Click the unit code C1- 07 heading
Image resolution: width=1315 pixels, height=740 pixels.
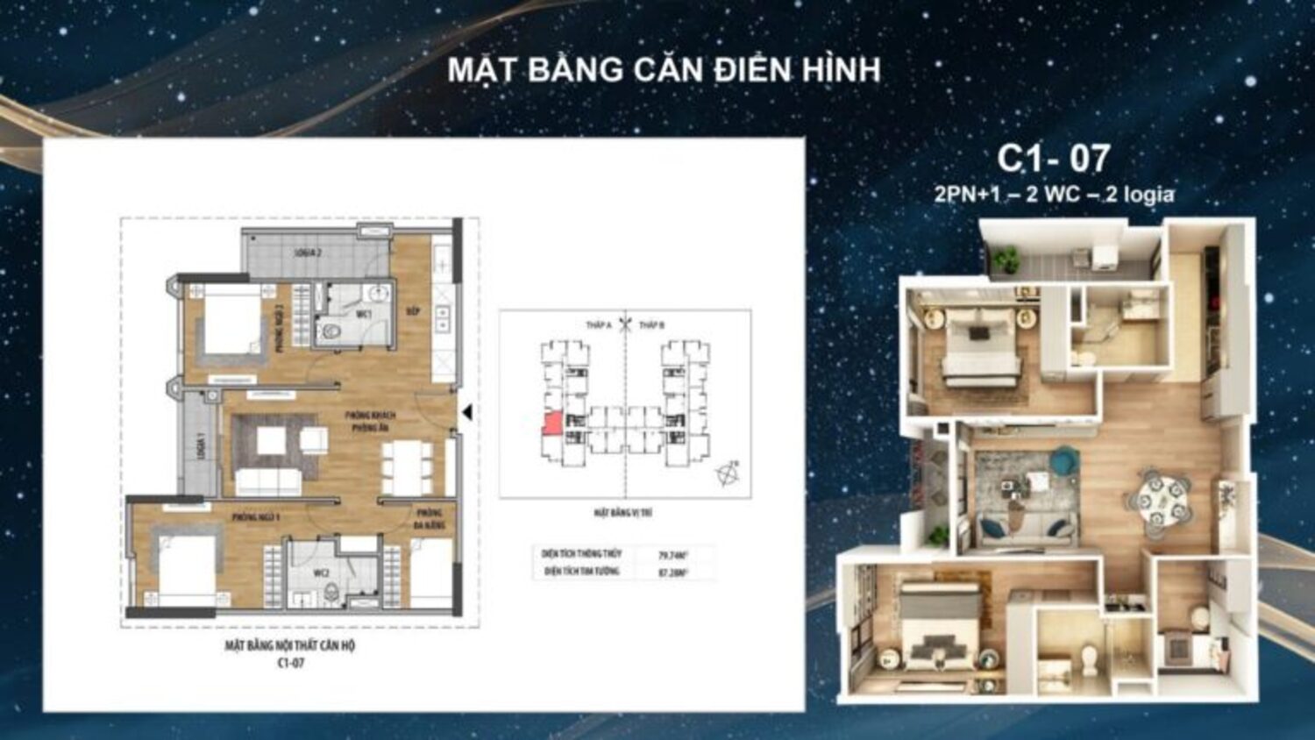[x=1053, y=159]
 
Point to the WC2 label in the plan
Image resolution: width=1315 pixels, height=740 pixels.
[x=322, y=573]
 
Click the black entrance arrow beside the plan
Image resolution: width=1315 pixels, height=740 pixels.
[x=467, y=412]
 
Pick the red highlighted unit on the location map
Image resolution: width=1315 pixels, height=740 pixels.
[x=552, y=424]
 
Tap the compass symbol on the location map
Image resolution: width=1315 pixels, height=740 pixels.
[x=728, y=474]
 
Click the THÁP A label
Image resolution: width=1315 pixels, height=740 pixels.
[x=599, y=325]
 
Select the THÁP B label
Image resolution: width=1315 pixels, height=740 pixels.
[x=651, y=325]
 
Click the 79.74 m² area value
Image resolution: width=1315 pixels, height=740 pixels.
[x=672, y=554]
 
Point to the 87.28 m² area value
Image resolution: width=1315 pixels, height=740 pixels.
[x=672, y=573]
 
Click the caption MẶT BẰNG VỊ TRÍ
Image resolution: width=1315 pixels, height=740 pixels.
[x=622, y=513]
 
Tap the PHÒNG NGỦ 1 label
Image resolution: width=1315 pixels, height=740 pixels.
[x=256, y=517]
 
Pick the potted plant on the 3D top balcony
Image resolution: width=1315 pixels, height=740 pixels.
[x=1006, y=259]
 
